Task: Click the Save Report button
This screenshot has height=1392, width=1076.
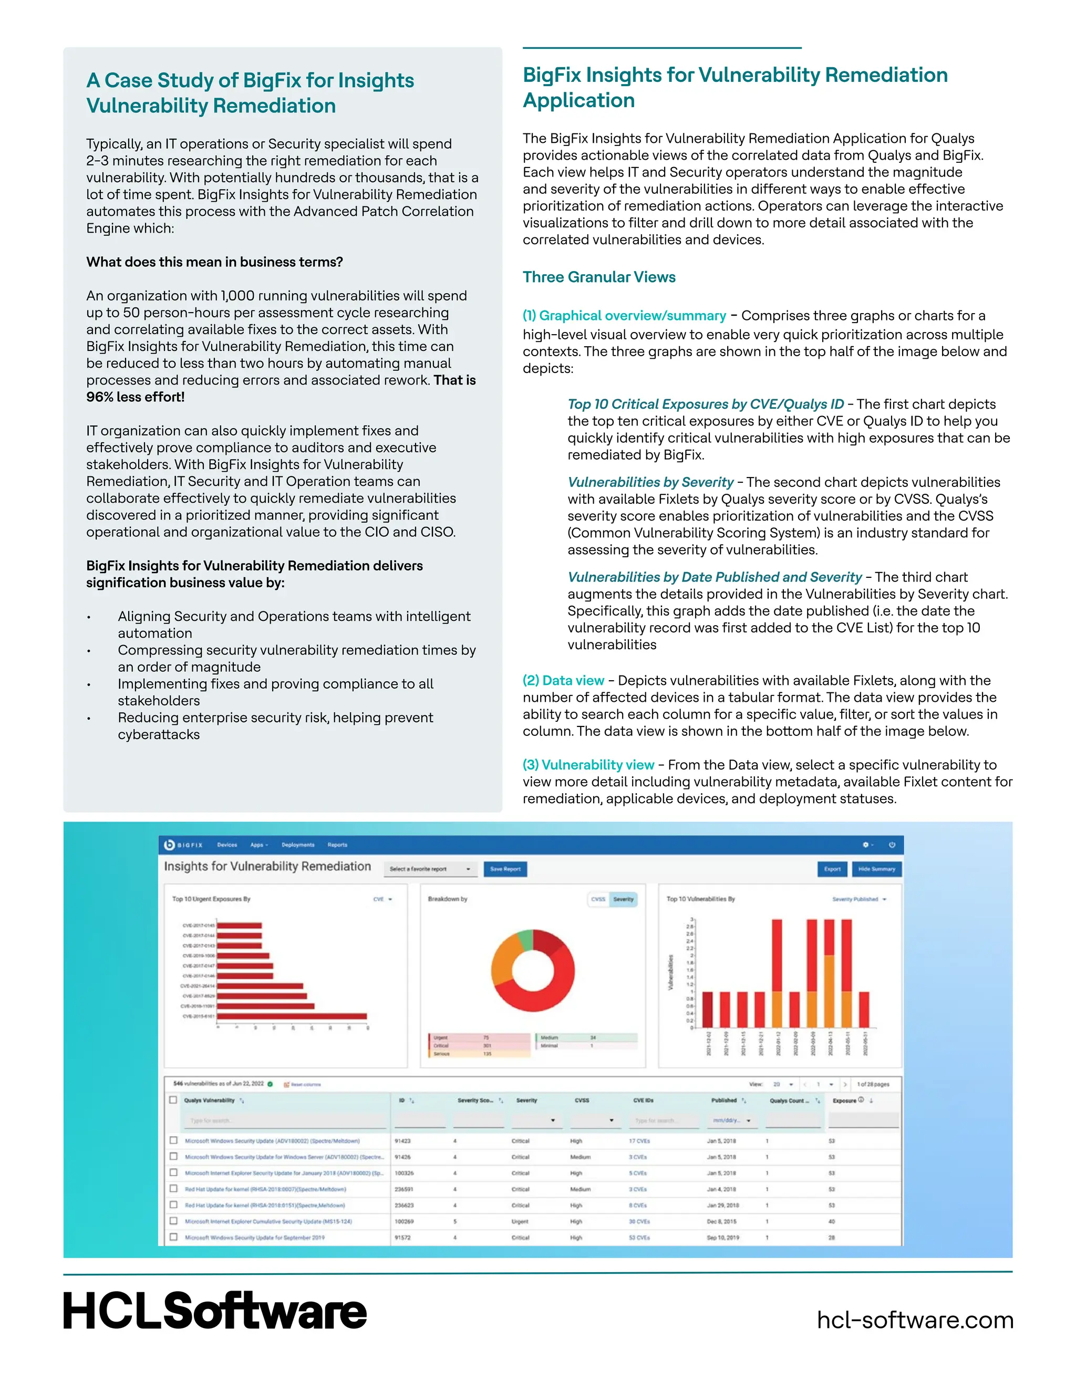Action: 505,869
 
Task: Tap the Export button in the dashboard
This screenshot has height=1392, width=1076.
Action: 832,869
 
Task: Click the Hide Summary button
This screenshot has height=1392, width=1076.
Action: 876,869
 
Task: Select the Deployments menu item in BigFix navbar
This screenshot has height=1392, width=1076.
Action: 298,845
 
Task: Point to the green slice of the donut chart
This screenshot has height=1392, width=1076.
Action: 526,939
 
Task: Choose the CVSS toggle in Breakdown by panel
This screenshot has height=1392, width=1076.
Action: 598,899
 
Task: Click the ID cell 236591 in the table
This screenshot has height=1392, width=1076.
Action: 404,1189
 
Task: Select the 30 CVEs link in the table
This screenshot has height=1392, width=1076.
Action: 639,1222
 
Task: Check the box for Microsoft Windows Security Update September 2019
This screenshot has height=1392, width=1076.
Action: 173,1237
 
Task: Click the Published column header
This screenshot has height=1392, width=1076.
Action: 724,1100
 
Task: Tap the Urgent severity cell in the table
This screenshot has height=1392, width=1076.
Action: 520,1222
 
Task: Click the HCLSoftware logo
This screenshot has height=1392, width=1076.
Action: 215,1311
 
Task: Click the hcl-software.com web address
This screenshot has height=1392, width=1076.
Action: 915,1320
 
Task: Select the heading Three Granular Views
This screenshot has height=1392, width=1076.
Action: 598,277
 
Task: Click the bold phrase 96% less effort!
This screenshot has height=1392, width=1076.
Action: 136,397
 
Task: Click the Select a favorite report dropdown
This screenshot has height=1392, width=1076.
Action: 430,869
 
